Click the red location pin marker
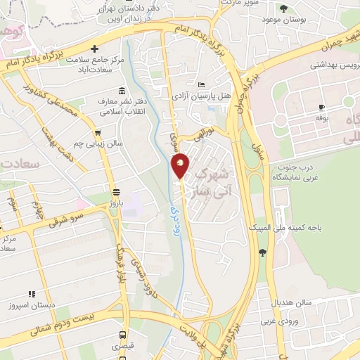coord(181,165)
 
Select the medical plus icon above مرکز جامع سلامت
coord(94,49)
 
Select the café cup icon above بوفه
coord(321,107)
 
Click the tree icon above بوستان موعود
coord(283,8)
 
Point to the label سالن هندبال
coord(293,303)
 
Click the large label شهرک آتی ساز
coord(210,181)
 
